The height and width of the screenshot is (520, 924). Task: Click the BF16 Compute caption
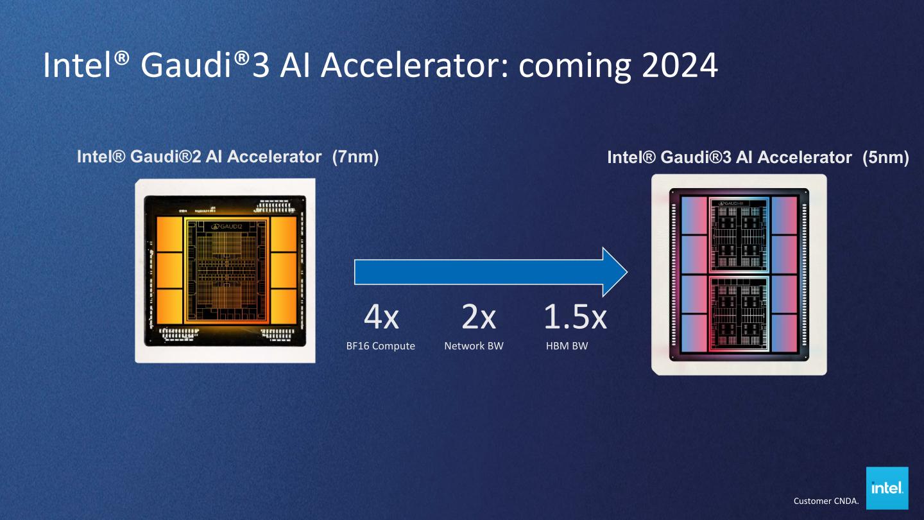tap(381, 346)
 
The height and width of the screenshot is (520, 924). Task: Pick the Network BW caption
tap(474, 346)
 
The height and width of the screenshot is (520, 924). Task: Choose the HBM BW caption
tap(567, 346)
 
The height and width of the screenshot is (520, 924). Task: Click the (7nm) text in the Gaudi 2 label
tap(355, 157)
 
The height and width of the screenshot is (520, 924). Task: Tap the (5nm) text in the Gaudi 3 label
tap(886, 157)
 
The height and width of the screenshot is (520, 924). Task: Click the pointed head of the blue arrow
tap(613, 272)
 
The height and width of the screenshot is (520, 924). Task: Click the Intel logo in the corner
tap(887, 488)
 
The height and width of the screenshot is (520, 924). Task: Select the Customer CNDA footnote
tap(825, 501)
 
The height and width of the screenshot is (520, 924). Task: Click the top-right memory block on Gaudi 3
tap(783, 215)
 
